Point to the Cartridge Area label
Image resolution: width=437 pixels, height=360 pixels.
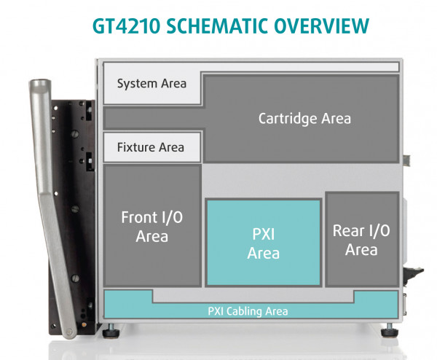[x=304, y=118]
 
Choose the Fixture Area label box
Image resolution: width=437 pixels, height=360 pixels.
[x=151, y=147]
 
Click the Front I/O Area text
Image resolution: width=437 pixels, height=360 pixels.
[x=151, y=226]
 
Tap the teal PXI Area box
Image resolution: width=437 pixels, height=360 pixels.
[x=263, y=243]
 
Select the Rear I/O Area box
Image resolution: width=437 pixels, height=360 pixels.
[x=361, y=240]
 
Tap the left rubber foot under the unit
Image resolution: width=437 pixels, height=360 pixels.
[x=111, y=332]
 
